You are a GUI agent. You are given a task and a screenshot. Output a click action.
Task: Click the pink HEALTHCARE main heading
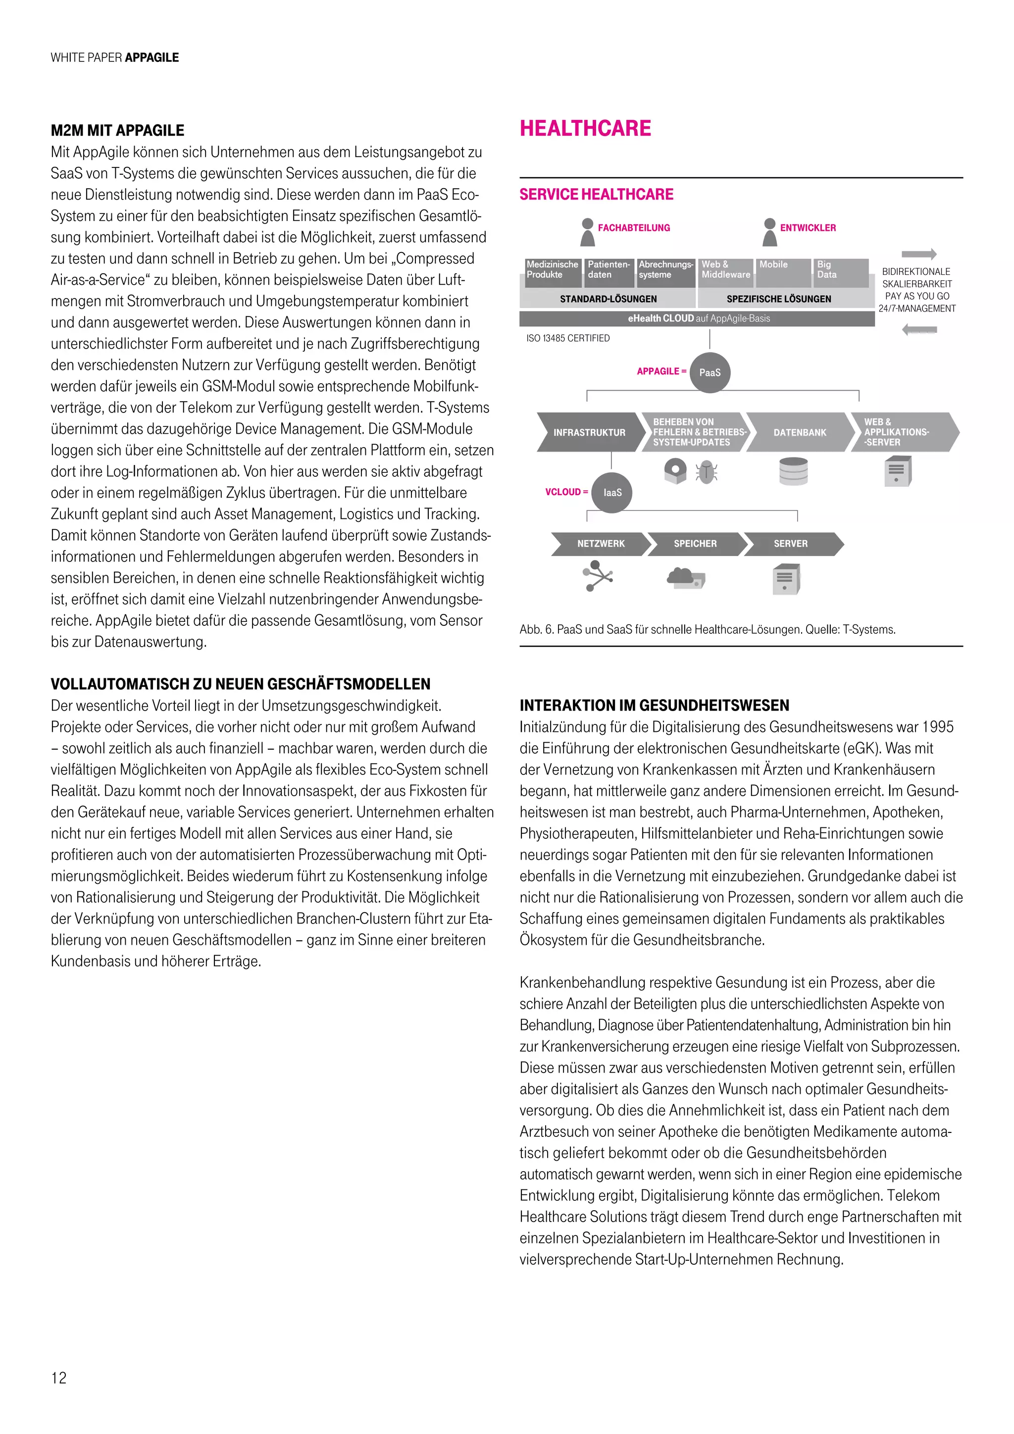pyautogui.click(x=585, y=129)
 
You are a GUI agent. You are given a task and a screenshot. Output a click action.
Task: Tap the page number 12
pyautogui.click(x=59, y=1377)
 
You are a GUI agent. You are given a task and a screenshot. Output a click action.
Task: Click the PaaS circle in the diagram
pyautogui.click(x=710, y=372)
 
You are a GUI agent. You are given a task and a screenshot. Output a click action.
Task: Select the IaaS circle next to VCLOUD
pyautogui.click(x=612, y=492)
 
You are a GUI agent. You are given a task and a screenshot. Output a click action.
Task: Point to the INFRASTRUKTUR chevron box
pyautogui.click(x=589, y=432)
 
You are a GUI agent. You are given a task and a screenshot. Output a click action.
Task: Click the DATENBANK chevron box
pyautogui.click(x=799, y=432)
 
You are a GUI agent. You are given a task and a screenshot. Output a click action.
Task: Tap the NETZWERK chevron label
pyautogui.click(x=600, y=543)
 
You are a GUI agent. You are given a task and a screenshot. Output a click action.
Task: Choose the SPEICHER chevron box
pyautogui.click(x=695, y=543)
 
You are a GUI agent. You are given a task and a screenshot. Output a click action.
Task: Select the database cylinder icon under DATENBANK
pyautogui.click(x=794, y=471)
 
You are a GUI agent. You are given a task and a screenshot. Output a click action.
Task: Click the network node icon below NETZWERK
pyautogui.click(x=598, y=575)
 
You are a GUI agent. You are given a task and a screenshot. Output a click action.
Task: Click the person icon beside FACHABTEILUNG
pyautogui.click(x=587, y=232)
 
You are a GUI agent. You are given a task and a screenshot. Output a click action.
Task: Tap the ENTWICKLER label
pyautogui.click(x=808, y=228)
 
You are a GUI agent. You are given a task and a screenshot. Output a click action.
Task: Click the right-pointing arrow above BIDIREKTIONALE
pyautogui.click(x=918, y=254)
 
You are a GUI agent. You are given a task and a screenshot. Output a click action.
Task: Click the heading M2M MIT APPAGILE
pyautogui.click(x=117, y=131)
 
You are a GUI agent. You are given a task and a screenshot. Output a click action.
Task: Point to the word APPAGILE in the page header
pyautogui.click(x=152, y=57)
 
